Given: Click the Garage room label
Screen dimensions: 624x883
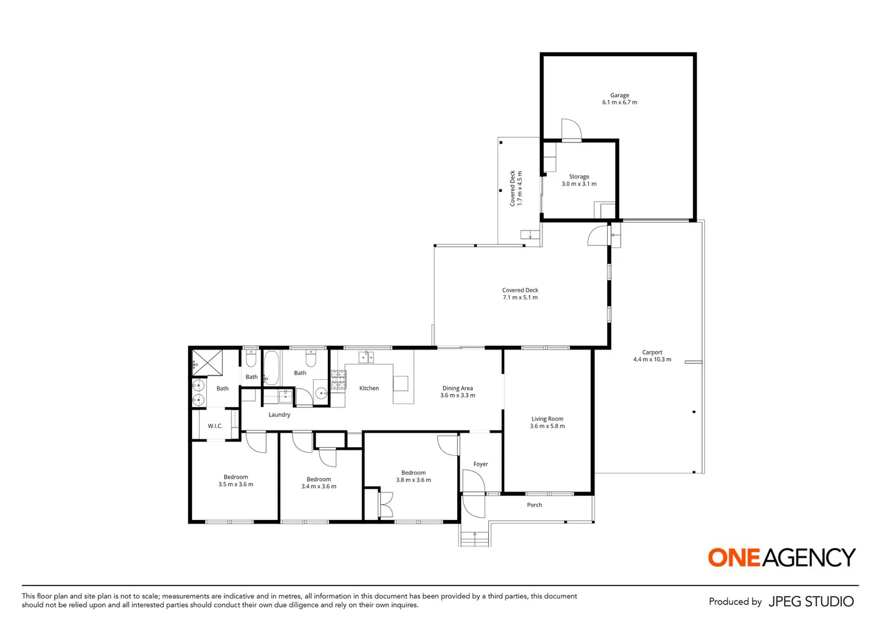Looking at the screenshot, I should [x=619, y=99].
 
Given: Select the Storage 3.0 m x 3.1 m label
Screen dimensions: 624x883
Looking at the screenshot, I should [x=579, y=180].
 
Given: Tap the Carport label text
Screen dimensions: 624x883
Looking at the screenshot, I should [x=652, y=356].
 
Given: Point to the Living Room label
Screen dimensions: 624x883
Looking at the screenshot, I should [x=547, y=422].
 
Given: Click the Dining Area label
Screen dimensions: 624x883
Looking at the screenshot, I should [x=458, y=392].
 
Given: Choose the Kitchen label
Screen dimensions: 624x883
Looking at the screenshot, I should [x=369, y=388].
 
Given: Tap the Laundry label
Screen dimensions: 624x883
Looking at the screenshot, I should [x=279, y=415].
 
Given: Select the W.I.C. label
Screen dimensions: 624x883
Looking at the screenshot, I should [x=215, y=426].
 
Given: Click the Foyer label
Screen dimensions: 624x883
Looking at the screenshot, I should [x=480, y=464].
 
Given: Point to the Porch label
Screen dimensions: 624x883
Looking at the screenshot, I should [x=534, y=505].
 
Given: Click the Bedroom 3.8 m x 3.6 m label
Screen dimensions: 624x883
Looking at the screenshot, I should [x=413, y=476].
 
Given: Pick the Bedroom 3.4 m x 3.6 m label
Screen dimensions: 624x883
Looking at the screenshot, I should [x=319, y=482].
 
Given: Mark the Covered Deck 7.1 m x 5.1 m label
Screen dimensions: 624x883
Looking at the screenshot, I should [x=520, y=294].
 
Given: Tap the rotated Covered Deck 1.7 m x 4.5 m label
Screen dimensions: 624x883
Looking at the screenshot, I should [x=515, y=188].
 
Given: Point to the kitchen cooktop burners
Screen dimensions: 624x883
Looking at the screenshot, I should [x=338, y=379].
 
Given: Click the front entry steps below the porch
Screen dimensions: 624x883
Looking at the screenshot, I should [x=475, y=538].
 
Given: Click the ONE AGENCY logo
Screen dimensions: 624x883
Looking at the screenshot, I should [x=781, y=558].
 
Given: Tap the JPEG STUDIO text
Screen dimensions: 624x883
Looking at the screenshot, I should [x=810, y=601].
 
